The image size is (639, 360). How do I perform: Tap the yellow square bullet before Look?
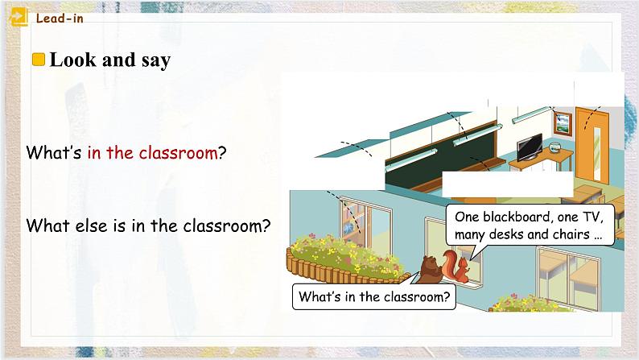pyautogui.click(x=37, y=60)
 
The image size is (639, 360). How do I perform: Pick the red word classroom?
pyautogui.click(x=178, y=152)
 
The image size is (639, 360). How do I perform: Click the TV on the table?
pyautogui.click(x=530, y=147)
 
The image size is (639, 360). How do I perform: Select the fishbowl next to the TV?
pyautogui.click(x=554, y=148)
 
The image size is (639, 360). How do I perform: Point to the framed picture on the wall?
pyautogui.click(x=562, y=123)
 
